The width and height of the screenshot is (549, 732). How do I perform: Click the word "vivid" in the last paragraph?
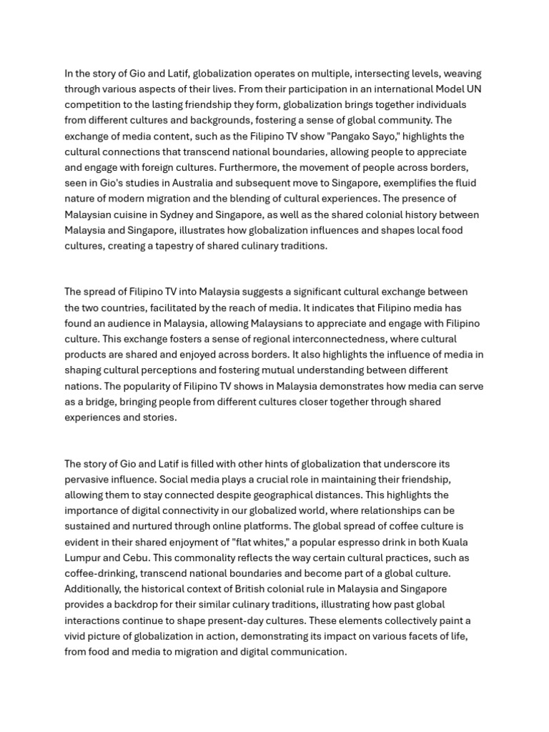click(x=76, y=636)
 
